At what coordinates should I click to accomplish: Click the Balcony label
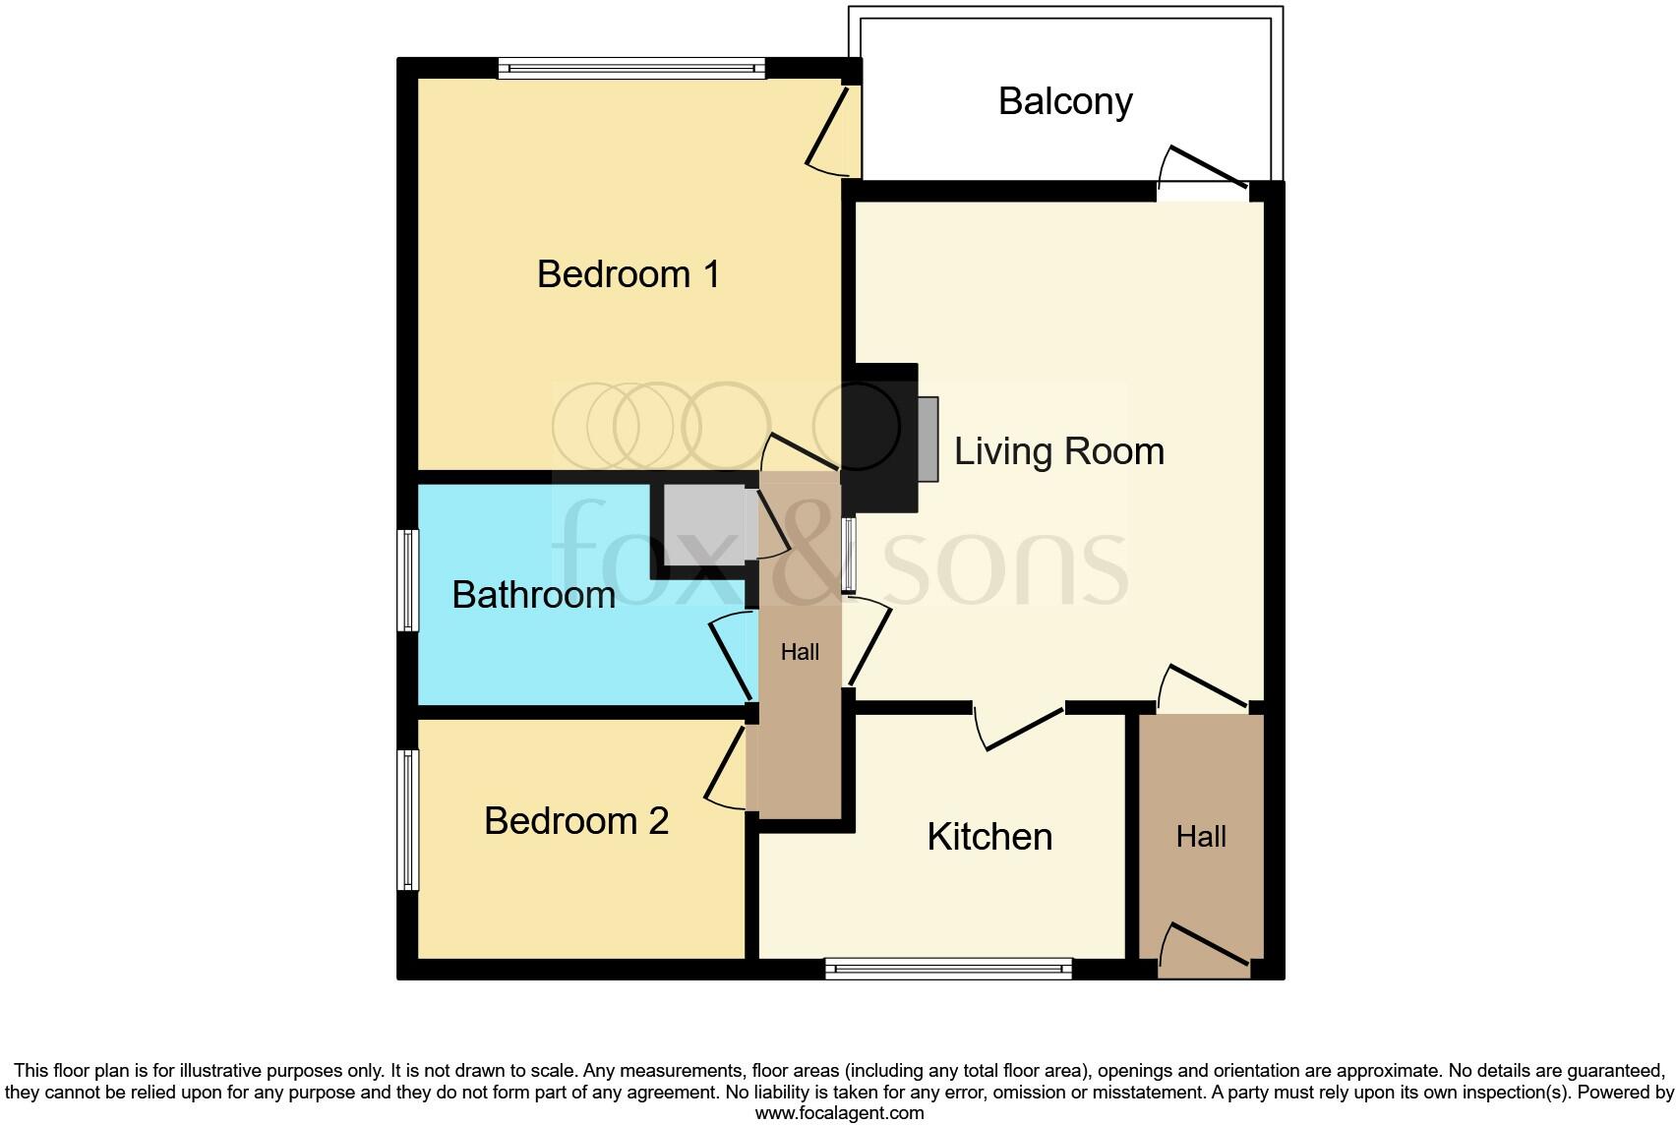(1065, 101)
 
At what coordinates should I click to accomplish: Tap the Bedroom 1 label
(628, 273)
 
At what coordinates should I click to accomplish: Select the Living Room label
(1058, 451)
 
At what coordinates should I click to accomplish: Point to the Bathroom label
(533, 594)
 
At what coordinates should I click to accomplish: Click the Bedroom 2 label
(576, 820)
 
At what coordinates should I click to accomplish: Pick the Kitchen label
(989, 836)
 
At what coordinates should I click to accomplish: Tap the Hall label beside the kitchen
(1201, 837)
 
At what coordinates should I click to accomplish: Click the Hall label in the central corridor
(800, 651)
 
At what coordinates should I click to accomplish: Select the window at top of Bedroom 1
(631, 68)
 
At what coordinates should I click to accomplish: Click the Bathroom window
(408, 580)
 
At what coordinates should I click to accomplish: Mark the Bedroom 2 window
(408, 820)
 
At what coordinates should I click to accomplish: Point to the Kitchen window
(948, 970)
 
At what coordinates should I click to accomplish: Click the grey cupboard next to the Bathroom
(703, 523)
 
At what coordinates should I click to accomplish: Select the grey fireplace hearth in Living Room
(928, 439)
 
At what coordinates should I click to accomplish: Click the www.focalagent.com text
(839, 1113)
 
